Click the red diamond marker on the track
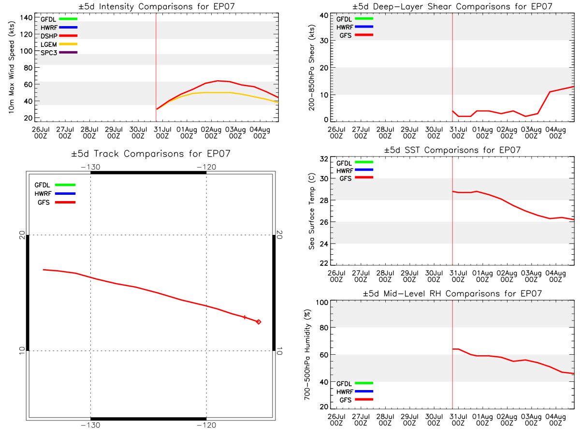coord(259,322)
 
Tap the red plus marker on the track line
coord(245,317)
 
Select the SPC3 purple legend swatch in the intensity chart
coord(68,52)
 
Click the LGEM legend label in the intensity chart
coord(49,44)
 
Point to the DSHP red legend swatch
coord(68,36)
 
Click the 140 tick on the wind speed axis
coord(26,18)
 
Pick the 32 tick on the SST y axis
coord(324,159)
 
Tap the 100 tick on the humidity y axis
coord(322,303)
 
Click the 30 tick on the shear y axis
coord(324,41)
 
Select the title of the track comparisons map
coord(151,153)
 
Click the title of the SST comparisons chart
coord(452,150)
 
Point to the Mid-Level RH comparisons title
coord(452,293)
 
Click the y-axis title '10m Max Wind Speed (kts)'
coord(11,67)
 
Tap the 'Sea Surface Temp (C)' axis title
coord(312,211)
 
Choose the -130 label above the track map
coord(90,167)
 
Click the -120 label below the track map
coord(206,425)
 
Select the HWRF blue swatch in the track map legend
coord(65,194)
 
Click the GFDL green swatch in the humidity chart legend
coord(364,383)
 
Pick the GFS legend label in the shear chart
coord(345,35)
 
